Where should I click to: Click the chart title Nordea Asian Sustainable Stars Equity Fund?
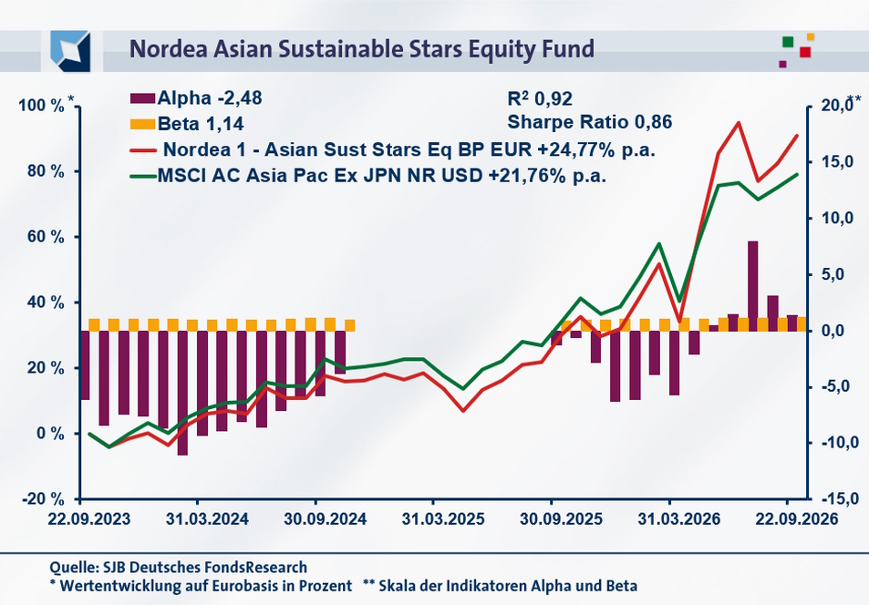(x=362, y=49)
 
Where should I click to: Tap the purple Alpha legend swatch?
(x=142, y=98)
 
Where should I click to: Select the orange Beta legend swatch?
(x=142, y=124)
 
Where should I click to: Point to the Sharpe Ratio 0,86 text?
(x=590, y=122)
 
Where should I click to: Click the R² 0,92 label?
(x=540, y=98)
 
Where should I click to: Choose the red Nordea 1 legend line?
(x=142, y=149)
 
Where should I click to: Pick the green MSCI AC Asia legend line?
(x=142, y=176)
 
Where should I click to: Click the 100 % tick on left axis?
(x=41, y=106)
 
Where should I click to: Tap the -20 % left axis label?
(x=43, y=499)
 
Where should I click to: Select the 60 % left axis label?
(x=46, y=237)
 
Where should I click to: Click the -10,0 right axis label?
(x=833, y=443)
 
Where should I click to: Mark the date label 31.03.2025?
(x=443, y=519)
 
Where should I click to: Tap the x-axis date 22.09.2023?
(x=89, y=519)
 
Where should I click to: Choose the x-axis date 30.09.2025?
(x=561, y=519)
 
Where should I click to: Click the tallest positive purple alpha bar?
(x=752, y=286)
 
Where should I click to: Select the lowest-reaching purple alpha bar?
(x=182, y=394)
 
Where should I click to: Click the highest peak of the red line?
(x=739, y=122)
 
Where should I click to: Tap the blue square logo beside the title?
(x=70, y=51)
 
